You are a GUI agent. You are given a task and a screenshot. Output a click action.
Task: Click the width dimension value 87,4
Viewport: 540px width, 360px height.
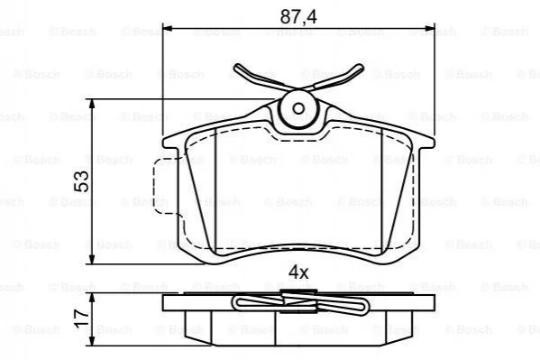[x=298, y=16]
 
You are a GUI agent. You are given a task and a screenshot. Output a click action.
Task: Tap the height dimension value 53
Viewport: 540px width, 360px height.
[x=82, y=181]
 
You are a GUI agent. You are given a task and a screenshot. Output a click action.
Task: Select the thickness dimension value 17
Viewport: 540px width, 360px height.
[x=82, y=318]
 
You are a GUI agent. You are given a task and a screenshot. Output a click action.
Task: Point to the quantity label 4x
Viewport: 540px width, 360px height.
[x=298, y=272]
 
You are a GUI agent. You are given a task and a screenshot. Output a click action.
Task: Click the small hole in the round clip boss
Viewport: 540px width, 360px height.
[x=298, y=109]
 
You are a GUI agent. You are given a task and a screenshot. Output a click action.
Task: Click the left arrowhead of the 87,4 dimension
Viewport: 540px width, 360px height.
[x=167, y=28]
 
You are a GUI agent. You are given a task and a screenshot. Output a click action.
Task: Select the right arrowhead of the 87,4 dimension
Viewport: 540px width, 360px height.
[x=430, y=28]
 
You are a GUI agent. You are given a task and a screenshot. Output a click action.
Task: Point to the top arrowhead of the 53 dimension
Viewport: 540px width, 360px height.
[x=92, y=104]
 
